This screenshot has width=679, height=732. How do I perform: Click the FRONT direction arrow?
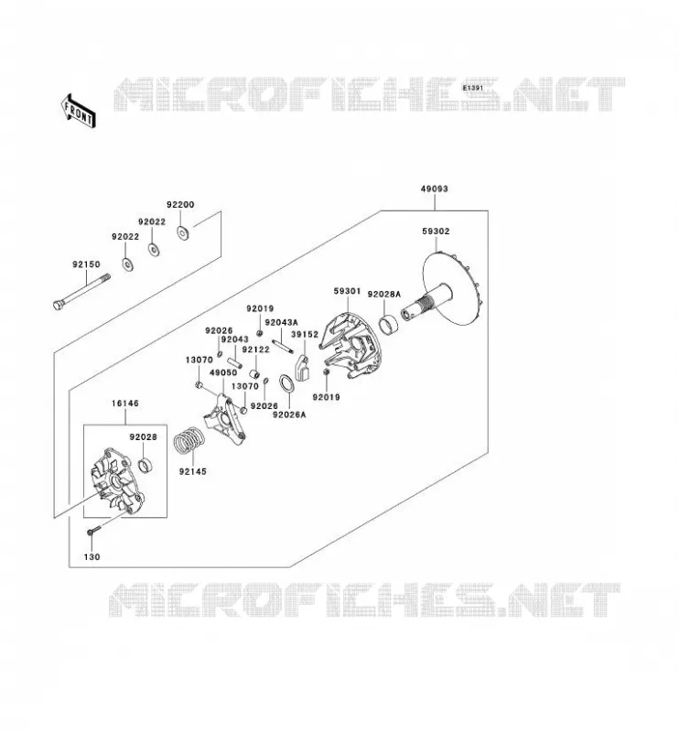coord(79,111)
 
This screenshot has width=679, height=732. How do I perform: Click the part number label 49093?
coord(435,188)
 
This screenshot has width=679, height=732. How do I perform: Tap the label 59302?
coord(436,231)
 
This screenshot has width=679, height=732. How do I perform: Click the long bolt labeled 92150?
coord(81,292)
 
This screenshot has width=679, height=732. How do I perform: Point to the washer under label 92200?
coord(183,231)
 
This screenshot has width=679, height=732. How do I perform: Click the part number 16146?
coord(125,404)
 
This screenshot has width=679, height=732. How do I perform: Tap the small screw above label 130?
coord(94,531)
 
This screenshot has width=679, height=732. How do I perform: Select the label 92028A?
coord(383,294)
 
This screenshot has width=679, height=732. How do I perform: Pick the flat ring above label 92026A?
coord(286,383)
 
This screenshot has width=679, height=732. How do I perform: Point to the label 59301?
coord(347,291)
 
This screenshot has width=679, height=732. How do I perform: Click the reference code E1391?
coord(473,88)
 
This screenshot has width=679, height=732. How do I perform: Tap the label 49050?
coord(223,372)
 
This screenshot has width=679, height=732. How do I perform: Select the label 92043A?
coord(281,322)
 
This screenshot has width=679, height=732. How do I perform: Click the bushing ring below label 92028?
coord(146,465)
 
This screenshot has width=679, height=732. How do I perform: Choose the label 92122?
coord(256,350)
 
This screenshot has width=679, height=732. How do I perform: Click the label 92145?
coord(192,471)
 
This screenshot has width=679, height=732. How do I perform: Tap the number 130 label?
coord(92,557)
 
